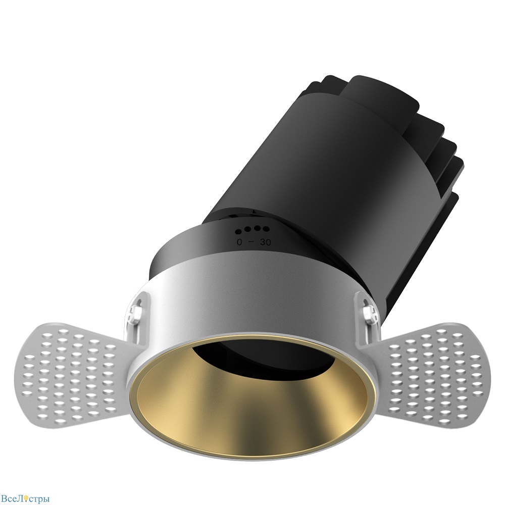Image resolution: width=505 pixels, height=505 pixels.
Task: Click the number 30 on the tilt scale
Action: (266, 242)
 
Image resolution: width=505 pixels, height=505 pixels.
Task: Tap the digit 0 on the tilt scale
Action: (239, 242)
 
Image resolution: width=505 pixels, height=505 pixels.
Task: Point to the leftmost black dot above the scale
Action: (239, 231)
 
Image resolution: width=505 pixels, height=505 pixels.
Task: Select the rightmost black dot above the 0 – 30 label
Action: (266, 229)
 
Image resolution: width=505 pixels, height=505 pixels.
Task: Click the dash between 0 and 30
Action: (252, 242)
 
